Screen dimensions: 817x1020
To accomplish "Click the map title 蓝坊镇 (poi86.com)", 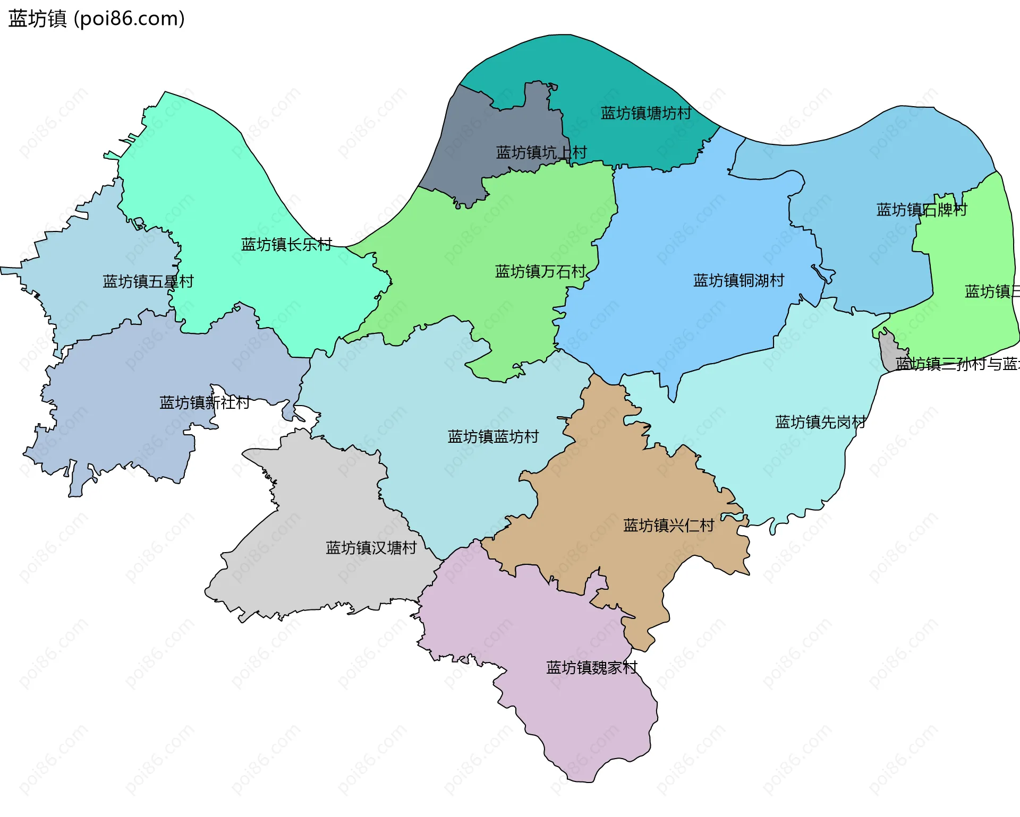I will [x=97, y=19].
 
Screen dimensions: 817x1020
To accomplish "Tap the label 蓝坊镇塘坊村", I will [x=646, y=113].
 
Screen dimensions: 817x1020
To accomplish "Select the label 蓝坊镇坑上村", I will [x=541, y=153].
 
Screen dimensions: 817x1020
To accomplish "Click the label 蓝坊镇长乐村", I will [x=286, y=244].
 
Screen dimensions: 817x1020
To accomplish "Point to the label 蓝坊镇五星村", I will [x=148, y=281].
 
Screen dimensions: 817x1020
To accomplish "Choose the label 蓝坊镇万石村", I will [x=540, y=272].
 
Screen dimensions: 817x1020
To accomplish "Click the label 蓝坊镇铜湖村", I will [x=738, y=280].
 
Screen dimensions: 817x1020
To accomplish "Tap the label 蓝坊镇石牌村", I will [x=921, y=210].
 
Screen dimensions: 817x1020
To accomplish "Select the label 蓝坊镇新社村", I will [x=205, y=402].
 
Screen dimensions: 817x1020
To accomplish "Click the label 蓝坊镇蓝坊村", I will [x=493, y=436].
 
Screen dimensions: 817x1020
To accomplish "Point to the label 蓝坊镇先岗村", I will [x=820, y=422].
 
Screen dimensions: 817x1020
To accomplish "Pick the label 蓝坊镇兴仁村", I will [x=668, y=526].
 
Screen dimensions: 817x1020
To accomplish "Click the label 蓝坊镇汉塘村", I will [x=371, y=548].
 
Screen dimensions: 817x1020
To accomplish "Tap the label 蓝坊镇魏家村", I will [x=591, y=667].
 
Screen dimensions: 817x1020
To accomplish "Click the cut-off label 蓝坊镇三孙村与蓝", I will [x=957, y=364].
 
